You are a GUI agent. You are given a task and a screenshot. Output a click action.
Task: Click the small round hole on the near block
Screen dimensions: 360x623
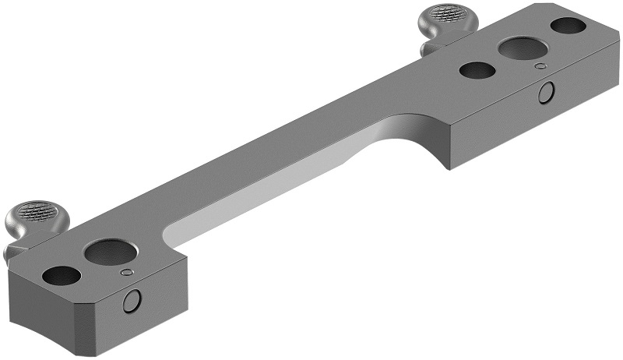pyautogui.click(x=62, y=275)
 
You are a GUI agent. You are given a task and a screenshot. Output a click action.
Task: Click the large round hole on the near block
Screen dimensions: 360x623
pyautogui.click(x=110, y=252)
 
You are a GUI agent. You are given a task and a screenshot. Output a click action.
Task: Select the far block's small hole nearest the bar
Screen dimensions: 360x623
pyautogui.click(x=477, y=70)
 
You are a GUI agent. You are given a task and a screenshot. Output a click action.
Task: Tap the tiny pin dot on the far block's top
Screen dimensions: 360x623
pyautogui.click(x=538, y=66)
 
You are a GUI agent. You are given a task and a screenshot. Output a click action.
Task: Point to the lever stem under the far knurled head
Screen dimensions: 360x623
pyautogui.click(x=431, y=43)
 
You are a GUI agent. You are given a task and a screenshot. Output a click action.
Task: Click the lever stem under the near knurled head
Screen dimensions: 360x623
pyautogui.click(x=16, y=245)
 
